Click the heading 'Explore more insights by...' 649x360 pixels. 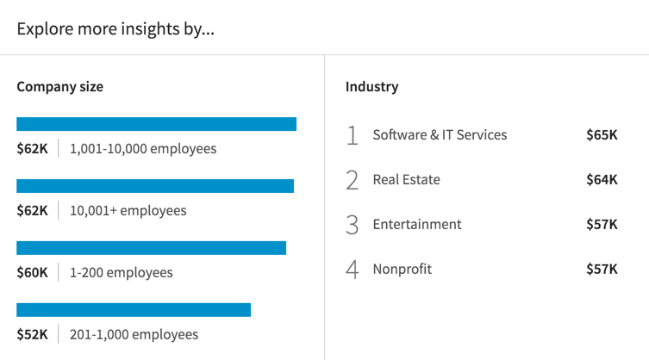[115, 28]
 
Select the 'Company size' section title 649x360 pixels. [60, 86]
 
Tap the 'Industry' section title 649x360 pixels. [371, 86]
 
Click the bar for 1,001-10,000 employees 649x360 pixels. [156, 124]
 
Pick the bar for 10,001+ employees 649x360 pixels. [155, 186]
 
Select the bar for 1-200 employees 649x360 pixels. [151, 248]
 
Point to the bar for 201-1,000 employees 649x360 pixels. [134, 310]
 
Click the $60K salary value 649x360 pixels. [33, 272]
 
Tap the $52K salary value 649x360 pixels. [33, 334]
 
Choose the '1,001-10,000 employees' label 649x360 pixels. [143, 148]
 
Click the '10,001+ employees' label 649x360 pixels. [128, 210]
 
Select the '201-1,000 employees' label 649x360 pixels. [134, 334]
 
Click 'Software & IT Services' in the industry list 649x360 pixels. [440, 134]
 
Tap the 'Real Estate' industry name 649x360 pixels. [406, 179]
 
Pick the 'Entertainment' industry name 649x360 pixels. [417, 224]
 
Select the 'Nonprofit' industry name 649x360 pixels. [403, 269]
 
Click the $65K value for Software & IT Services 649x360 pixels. [602, 134]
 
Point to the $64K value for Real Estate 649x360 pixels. [602, 179]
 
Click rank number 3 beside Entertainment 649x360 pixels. [352, 225]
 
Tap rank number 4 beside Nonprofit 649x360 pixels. [352, 270]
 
